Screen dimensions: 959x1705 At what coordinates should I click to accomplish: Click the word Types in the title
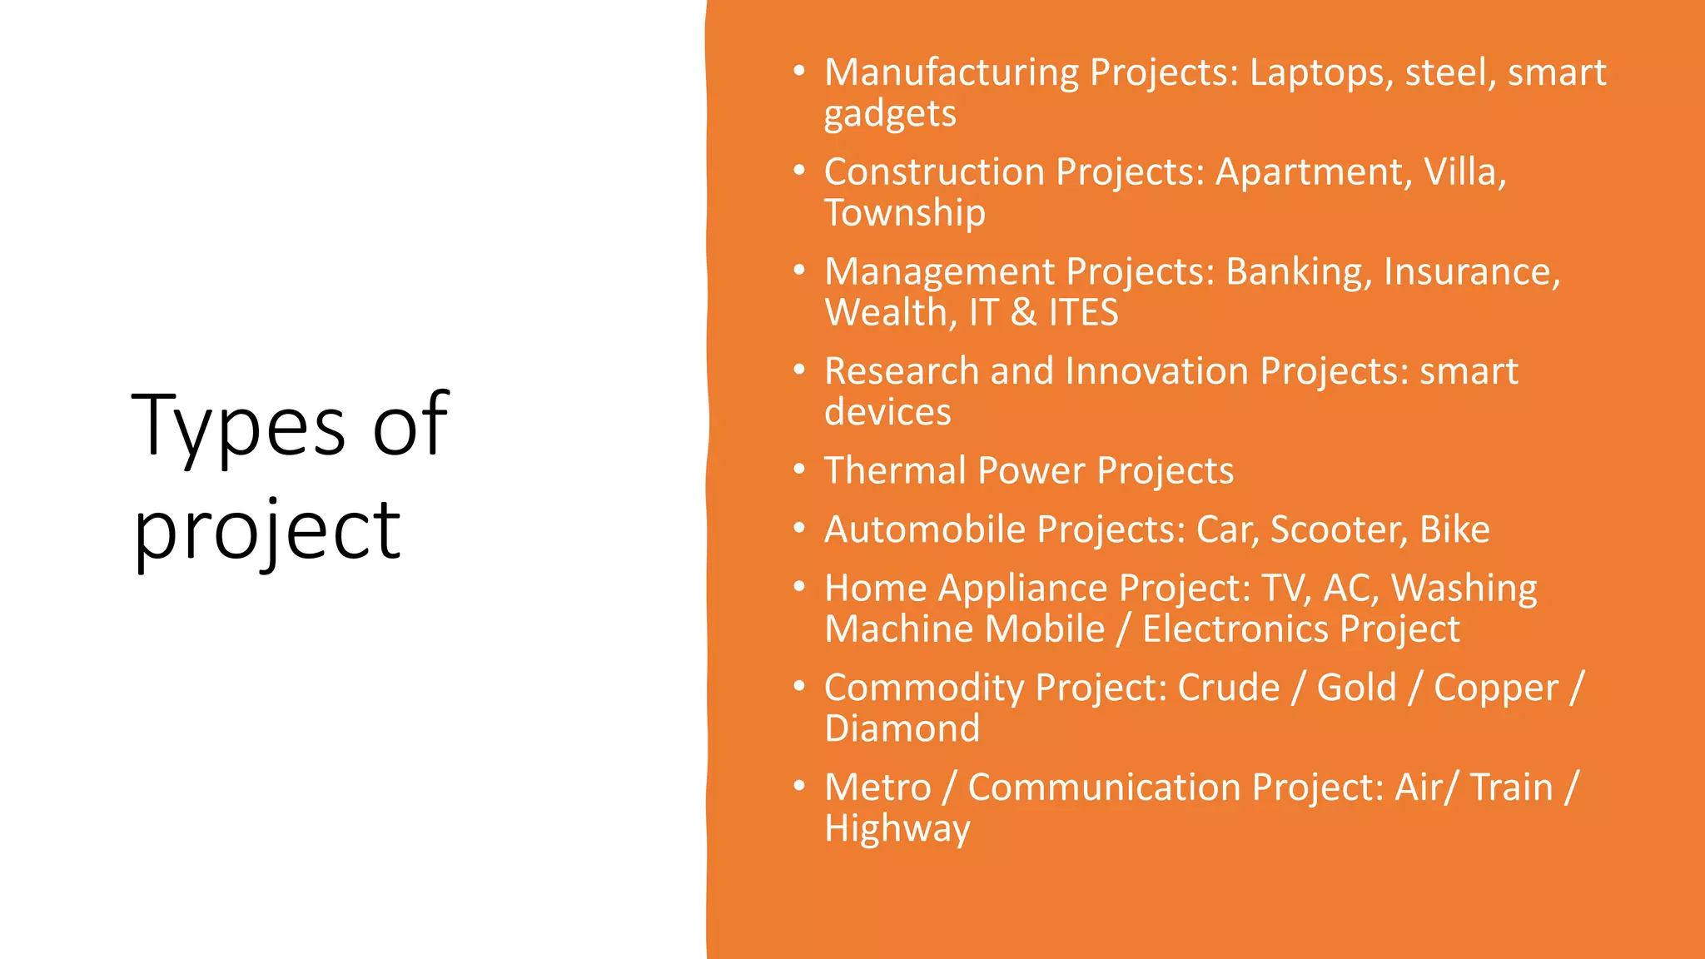click(238, 426)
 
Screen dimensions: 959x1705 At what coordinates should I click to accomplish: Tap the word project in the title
click(266, 531)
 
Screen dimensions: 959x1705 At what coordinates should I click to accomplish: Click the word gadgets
click(890, 114)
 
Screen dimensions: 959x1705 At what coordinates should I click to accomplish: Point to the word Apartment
click(1313, 172)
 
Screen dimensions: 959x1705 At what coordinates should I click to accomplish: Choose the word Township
click(905, 213)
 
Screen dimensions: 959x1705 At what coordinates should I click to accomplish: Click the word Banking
click(1299, 272)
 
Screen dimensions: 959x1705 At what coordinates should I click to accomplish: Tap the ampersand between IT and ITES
click(1023, 313)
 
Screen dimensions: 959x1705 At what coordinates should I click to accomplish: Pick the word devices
click(887, 412)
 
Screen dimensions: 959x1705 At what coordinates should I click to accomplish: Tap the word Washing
click(1464, 589)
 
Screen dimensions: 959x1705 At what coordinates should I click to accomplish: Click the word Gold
click(1356, 688)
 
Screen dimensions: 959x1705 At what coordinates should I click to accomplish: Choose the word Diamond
click(902, 729)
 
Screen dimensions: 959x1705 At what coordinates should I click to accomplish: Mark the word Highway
click(897, 829)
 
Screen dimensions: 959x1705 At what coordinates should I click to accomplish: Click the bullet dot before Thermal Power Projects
click(799, 470)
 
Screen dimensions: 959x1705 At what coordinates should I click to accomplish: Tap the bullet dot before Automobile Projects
click(799, 529)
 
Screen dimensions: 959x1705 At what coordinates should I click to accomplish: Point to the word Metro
click(877, 788)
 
